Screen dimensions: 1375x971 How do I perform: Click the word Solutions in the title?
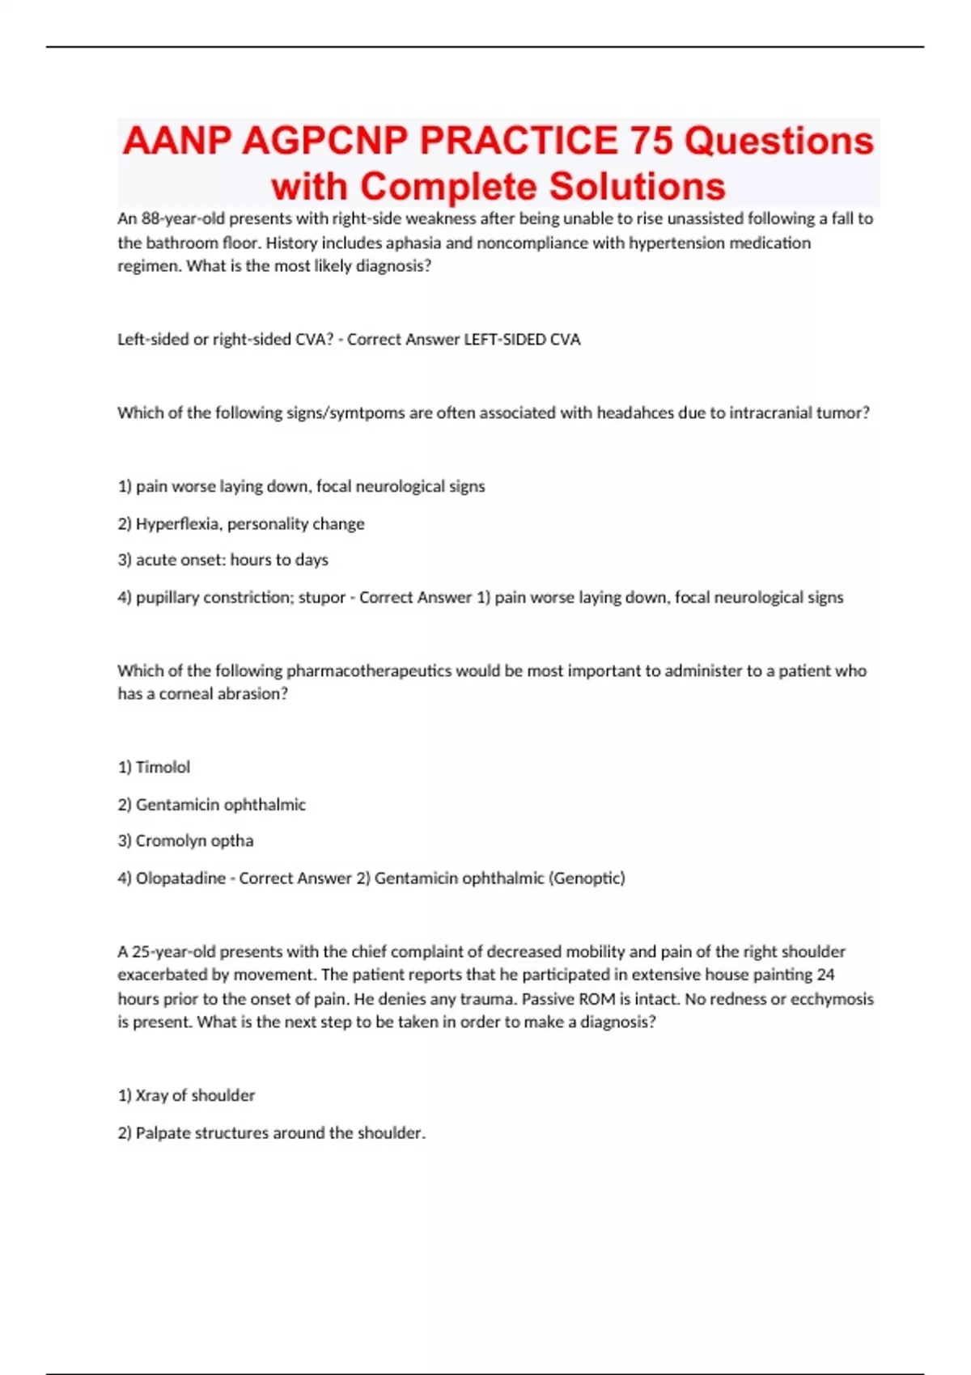tap(638, 187)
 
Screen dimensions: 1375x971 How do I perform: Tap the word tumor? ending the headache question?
tap(842, 413)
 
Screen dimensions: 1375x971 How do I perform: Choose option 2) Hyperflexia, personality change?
tap(241, 524)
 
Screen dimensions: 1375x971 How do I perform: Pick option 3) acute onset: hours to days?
tap(223, 560)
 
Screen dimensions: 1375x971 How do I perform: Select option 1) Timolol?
tap(154, 767)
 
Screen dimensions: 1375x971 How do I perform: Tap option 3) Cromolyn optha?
tap(185, 841)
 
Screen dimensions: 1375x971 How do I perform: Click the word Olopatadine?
tap(180, 878)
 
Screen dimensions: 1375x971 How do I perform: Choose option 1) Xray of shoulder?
tap(186, 1096)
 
